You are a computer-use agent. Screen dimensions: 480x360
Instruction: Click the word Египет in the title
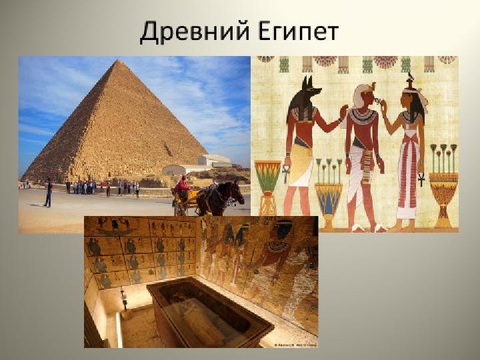(298, 32)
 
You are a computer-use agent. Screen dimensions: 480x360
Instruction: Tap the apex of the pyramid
(118, 60)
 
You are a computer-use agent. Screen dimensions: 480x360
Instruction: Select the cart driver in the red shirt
(183, 185)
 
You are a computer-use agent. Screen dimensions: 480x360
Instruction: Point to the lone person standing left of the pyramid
(49, 193)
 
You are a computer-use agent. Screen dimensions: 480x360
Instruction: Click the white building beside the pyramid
(214, 161)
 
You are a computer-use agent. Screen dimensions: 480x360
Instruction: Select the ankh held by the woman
(421, 179)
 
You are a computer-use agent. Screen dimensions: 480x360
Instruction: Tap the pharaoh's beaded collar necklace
(363, 116)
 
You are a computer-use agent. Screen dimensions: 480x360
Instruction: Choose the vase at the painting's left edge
(267, 187)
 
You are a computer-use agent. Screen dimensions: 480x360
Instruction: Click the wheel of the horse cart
(179, 209)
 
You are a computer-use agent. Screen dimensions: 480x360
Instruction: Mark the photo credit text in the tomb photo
(295, 345)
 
